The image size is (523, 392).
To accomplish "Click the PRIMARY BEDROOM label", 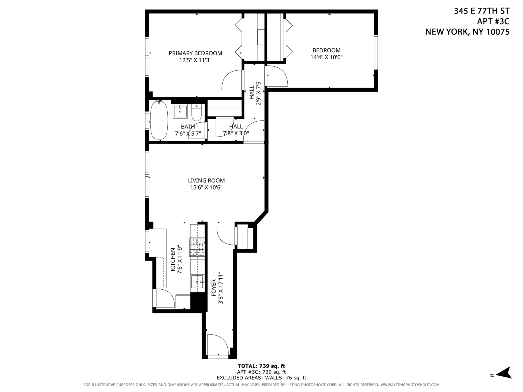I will point(195,53).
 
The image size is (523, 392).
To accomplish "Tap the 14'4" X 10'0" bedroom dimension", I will point(326,57).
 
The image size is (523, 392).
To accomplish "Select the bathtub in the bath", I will point(159,120).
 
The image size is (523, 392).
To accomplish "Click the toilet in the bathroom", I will point(197,113).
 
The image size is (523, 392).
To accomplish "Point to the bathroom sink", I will point(180,111).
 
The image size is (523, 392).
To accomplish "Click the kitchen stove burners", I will point(197,247).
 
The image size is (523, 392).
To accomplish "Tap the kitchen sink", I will point(197,282).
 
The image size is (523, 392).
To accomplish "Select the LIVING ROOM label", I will point(206,180).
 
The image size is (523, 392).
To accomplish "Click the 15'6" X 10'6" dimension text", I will point(206,188).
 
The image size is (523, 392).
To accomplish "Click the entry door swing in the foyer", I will point(217,345).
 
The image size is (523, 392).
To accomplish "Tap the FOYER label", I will point(214,288).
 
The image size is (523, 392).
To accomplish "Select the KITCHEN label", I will point(173,259).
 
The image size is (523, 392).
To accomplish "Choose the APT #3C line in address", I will point(493,21).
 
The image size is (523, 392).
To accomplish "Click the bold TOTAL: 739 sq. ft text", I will point(261,366).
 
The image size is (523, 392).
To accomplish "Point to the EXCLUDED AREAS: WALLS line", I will point(261,378).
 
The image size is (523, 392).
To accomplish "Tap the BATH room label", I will point(188,127).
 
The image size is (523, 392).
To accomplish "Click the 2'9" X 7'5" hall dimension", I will point(258,93).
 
